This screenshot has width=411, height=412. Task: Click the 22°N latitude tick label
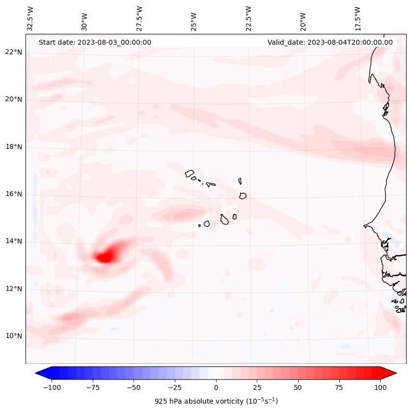coord(14,53)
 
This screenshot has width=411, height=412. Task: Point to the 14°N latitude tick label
coord(14,242)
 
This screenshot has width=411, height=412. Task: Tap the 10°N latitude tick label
coord(14,336)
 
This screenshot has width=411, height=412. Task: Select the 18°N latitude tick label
coord(14,147)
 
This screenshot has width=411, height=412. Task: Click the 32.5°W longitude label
coord(30,18)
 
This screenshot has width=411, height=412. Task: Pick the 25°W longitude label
coord(194,19)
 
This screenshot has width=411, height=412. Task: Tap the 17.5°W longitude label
coord(357,18)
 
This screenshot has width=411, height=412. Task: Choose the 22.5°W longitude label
coord(248,18)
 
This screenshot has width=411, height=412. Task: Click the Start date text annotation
coord(95,42)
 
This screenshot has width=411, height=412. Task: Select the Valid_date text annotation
coord(330,42)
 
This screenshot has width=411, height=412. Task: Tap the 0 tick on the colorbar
coord(216,387)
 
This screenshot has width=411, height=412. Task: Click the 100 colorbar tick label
coord(380,387)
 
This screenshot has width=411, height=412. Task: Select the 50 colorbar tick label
coord(298,387)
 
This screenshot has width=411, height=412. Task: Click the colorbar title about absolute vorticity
coord(216,401)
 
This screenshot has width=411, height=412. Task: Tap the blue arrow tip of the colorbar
coord(37,373)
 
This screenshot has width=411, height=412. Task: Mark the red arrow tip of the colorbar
coord(395,373)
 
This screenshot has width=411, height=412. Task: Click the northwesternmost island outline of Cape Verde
coord(190,173)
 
